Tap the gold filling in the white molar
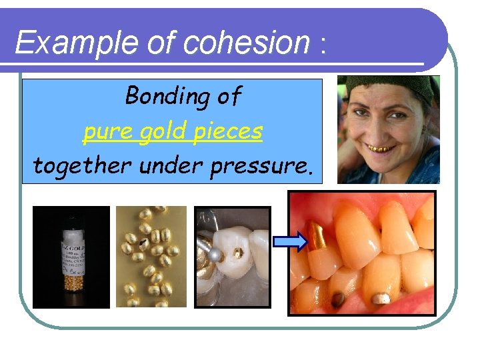pyautogui.click(x=236, y=254)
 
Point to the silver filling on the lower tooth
pyautogui.click(x=380, y=298)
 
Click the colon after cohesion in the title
pyautogui.click(x=323, y=47)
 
